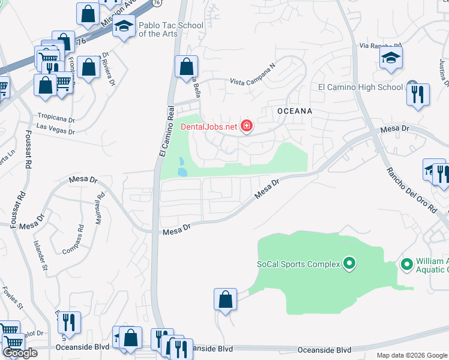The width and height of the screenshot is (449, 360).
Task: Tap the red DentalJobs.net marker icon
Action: coord(246,126)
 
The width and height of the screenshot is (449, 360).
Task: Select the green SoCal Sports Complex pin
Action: coord(349,263)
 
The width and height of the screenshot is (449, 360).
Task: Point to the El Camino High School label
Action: coord(360,87)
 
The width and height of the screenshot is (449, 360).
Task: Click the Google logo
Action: coord(20,353)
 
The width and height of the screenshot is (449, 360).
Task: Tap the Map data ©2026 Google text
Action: coord(412,355)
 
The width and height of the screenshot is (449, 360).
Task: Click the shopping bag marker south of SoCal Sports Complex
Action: coord(225,299)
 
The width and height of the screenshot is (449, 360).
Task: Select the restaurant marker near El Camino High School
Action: coord(418,94)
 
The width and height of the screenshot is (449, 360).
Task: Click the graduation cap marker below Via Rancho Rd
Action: coord(391,58)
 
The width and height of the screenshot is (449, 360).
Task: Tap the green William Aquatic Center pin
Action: coord(406,264)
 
